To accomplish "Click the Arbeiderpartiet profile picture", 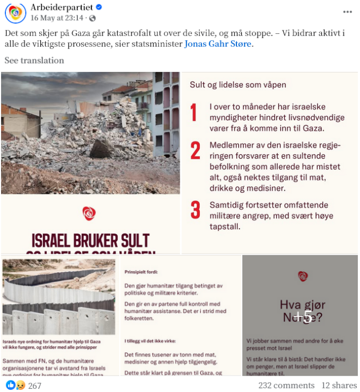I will point(16,12).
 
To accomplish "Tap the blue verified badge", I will point(100,7).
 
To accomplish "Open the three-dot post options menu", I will point(347,12).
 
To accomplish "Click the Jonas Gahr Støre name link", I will point(218,44).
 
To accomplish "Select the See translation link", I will point(34,60).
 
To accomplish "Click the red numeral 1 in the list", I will point(194,113).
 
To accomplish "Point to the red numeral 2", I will point(195,150).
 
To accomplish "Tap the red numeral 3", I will point(195,210).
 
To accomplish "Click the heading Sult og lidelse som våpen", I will point(238,85).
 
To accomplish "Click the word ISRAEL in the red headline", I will point(59,241).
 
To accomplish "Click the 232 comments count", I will point(286,385).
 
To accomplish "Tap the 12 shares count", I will point(339,385).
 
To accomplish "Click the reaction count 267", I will point(35,386).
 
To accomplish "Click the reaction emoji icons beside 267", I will point(15,386).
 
